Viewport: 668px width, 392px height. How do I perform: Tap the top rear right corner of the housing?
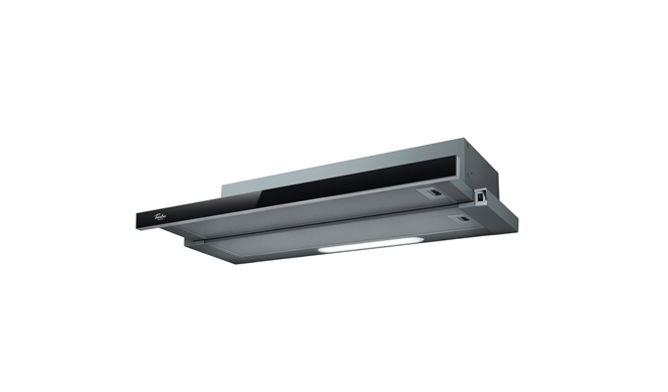click(x=464, y=139)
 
